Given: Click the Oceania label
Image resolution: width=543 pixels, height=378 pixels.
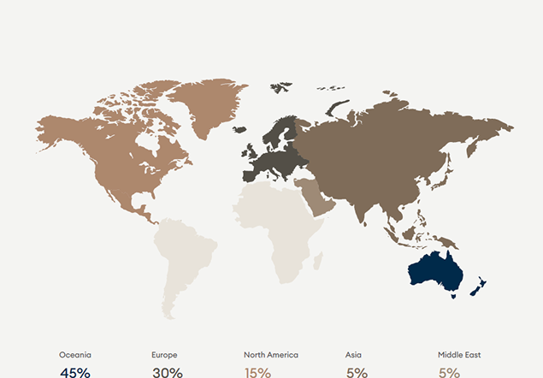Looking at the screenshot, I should pos(75,354).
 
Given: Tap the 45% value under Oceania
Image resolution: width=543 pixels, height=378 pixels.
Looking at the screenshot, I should pos(75,372).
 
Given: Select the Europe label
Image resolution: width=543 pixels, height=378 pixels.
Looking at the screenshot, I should pos(164,354).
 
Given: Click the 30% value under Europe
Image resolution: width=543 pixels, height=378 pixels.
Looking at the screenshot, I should pos(167,372).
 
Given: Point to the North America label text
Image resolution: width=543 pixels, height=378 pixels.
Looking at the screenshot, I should pos(271,354).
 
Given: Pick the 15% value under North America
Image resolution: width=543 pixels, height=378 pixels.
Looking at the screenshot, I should pos(257,372).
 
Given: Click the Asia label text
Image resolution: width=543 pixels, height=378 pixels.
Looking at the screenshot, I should pos(353,354).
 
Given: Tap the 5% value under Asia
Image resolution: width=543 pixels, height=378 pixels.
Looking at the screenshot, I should pos(357,372).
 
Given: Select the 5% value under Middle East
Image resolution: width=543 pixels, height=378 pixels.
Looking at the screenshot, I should pos(449,372).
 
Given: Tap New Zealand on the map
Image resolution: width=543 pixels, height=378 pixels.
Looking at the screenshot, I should pos(480,285).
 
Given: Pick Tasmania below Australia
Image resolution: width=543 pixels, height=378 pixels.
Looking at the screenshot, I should pos(452,295).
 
